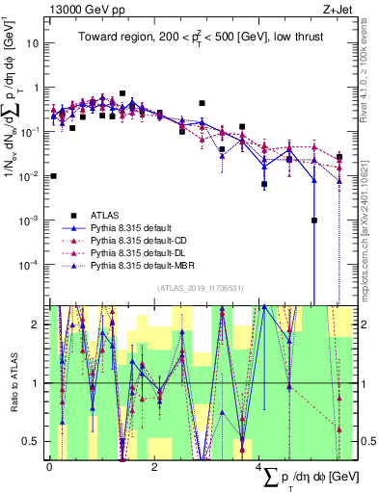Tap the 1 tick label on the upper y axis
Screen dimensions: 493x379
37,88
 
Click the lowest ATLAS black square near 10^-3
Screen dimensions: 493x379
314,220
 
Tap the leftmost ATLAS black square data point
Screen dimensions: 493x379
53,176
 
